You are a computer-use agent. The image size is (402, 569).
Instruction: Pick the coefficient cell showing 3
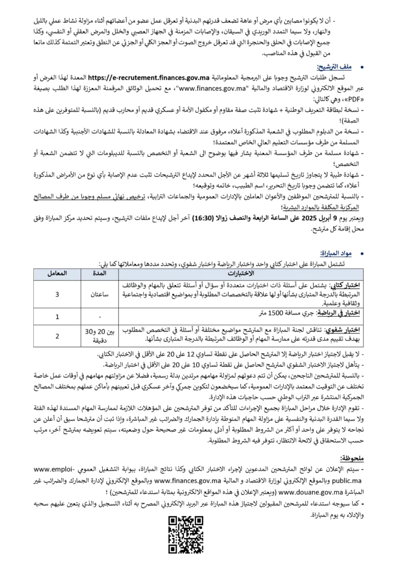pyautogui.click(x=58, y=294)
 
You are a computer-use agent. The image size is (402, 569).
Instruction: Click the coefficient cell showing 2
pyautogui.click(x=58, y=336)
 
